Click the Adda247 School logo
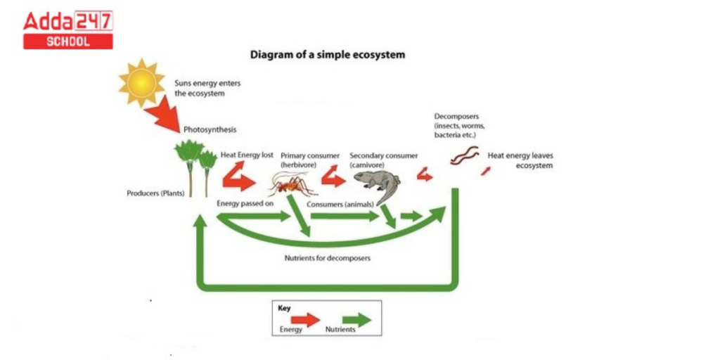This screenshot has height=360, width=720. (68, 30)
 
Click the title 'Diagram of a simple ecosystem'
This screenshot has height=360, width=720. (328, 53)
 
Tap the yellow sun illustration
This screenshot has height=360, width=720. (141, 83)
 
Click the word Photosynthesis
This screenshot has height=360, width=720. (210, 130)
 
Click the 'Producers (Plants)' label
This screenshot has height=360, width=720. (155, 193)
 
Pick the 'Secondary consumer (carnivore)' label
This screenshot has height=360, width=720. (383, 160)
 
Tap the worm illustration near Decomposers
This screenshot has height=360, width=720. (465, 155)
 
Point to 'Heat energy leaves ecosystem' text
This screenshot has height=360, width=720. (520, 160)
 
